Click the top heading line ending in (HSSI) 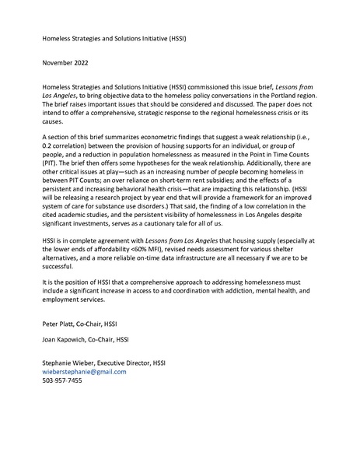tap(114, 37)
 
